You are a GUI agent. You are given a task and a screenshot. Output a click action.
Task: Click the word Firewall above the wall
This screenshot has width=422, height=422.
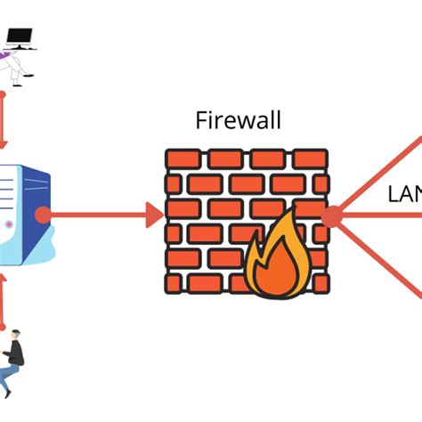[238, 120]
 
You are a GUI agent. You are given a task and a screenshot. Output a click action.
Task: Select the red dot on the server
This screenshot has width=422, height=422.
[41, 215]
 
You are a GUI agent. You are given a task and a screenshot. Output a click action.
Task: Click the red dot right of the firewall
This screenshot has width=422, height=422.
[331, 216]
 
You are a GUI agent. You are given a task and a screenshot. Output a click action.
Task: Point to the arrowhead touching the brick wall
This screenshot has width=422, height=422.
[153, 215]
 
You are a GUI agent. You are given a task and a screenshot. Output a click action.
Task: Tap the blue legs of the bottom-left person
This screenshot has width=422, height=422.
[8, 375]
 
